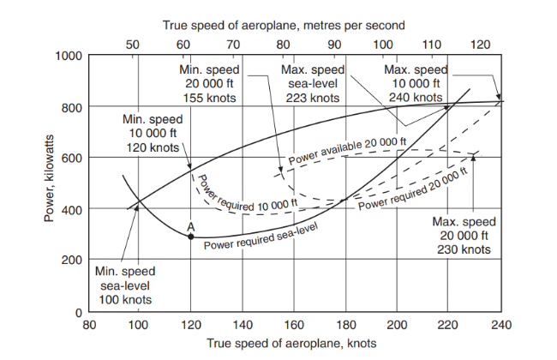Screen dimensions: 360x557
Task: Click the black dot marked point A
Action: (x=190, y=236)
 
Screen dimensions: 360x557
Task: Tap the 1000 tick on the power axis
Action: (x=69, y=56)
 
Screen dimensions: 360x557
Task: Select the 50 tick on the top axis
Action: (x=133, y=43)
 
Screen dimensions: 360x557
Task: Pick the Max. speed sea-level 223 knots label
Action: (x=313, y=83)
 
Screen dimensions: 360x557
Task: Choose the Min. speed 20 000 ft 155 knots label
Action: (x=211, y=83)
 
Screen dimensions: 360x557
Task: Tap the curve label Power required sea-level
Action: (x=261, y=235)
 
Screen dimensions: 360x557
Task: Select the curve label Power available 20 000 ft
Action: (x=347, y=151)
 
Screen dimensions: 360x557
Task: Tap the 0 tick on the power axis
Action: (x=76, y=310)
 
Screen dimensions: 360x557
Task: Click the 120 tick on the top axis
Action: (x=482, y=43)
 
